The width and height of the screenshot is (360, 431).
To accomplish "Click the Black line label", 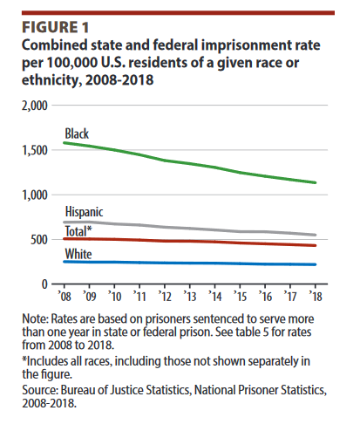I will coord(78,133).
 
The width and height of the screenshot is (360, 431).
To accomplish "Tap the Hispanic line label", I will coord(85,212).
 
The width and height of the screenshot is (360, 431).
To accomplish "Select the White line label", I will coord(78,252).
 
